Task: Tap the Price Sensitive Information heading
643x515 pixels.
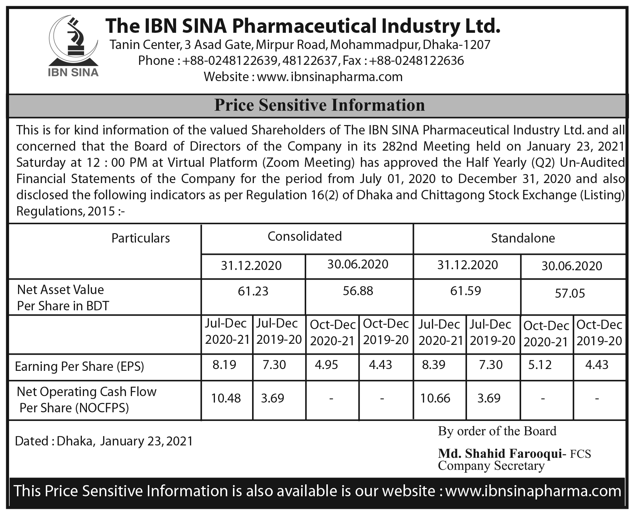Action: point(320,105)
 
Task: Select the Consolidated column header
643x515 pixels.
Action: point(304,236)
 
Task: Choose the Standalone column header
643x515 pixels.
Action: point(523,238)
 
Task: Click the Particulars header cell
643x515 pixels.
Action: point(140,238)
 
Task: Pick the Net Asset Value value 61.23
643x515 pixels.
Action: point(253,291)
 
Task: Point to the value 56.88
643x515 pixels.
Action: point(358,291)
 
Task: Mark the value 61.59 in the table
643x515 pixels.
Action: point(465,291)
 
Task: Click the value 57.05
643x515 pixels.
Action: point(570,293)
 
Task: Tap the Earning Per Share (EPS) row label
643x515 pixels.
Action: point(79,367)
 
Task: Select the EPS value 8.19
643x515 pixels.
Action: point(224,365)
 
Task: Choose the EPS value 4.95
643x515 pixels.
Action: point(326,365)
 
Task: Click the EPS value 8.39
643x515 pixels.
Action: point(433,365)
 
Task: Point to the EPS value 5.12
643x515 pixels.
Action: point(540,365)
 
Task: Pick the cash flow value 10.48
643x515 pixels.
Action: point(226,398)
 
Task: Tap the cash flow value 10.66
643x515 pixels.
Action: point(435,398)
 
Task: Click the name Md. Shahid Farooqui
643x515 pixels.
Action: point(500,453)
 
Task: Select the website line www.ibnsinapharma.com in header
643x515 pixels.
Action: point(303,77)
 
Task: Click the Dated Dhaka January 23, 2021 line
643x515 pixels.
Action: point(104,441)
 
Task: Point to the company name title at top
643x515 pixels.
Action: point(303,26)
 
